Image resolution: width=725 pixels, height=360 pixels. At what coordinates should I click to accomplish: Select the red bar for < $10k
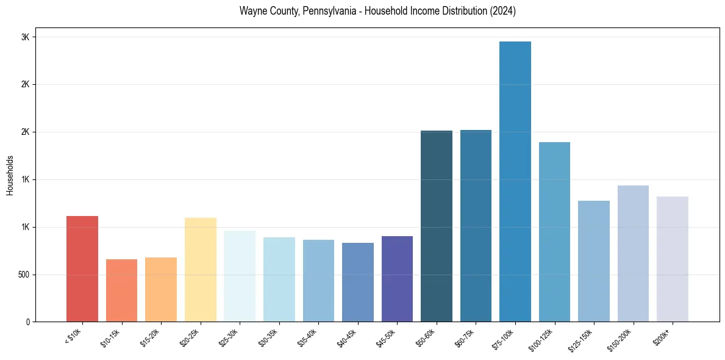click(82, 268)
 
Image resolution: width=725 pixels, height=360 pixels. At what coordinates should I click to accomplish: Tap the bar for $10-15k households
click(121, 290)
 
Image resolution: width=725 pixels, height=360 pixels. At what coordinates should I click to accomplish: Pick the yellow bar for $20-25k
click(201, 270)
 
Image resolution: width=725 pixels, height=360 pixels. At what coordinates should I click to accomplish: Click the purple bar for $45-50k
click(397, 279)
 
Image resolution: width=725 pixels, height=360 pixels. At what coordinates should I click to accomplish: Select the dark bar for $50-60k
click(437, 226)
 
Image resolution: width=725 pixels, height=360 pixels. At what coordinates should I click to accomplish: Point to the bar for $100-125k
click(554, 232)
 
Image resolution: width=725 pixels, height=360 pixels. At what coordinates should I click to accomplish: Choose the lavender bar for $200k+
click(673, 259)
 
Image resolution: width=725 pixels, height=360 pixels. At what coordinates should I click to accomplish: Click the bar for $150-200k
click(633, 253)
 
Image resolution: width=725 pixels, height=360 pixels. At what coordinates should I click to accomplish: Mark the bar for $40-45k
click(358, 282)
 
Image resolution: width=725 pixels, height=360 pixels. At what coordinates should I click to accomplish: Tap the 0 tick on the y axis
click(28, 322)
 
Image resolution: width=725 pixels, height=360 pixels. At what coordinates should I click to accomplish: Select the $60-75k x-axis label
click(465, 337)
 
